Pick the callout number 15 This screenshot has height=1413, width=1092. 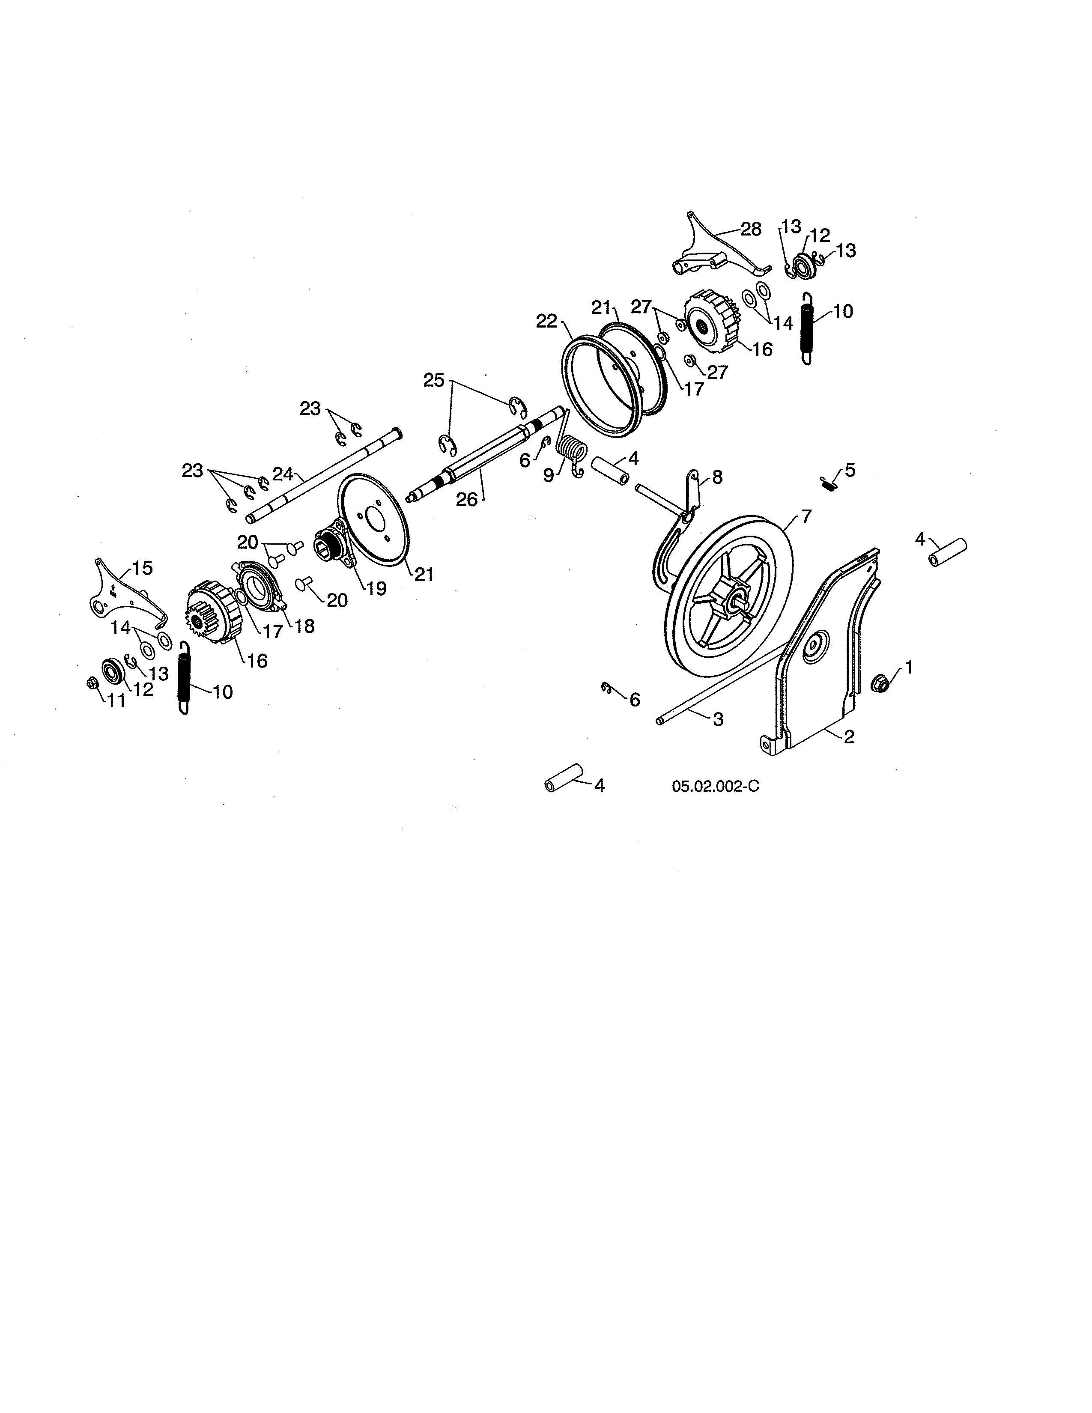tap(142, 568)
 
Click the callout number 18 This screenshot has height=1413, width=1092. tap(304, 626)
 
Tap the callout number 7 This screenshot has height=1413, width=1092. tap(806, 516)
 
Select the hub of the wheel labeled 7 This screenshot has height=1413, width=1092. tap(734, 596)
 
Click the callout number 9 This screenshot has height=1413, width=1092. tap(549, 476)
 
